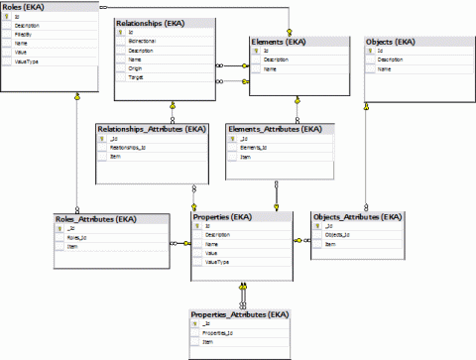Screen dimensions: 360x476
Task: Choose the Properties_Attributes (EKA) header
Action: [239, 314]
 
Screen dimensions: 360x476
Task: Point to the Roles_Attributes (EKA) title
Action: [95, 218]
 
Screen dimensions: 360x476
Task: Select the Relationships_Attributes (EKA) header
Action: [151, 129]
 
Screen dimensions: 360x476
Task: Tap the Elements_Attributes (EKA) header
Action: [275, 129]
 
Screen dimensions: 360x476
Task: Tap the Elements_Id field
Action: [256, 148]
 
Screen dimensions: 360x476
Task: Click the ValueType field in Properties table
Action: [217, 263]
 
